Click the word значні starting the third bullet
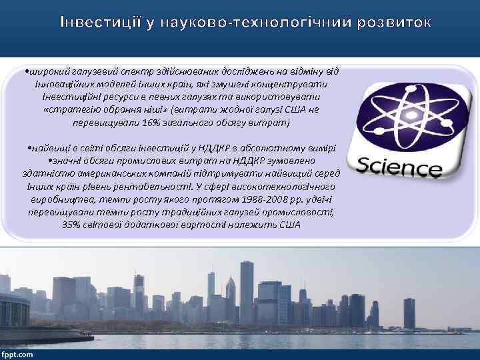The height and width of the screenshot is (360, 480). (67, 161)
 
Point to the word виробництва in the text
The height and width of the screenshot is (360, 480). (54, 199)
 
